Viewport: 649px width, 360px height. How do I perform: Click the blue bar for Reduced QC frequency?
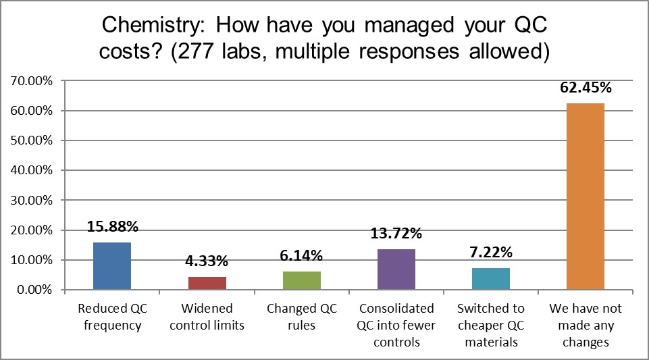[x=112, y=266]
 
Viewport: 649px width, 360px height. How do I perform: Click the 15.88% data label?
[x=112, y=228]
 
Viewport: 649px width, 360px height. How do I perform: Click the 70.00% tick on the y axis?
[x=32, y=81]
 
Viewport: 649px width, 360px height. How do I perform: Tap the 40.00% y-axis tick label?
[x=32, y=170]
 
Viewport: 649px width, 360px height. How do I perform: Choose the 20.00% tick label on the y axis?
[x=32, y=230]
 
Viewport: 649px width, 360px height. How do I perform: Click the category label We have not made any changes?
[x=586, y=326]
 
